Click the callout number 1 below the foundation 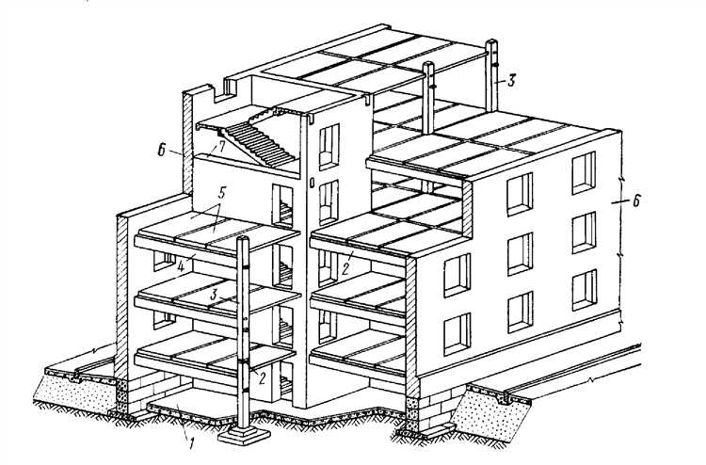[191, 443]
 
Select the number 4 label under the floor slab [181, 266]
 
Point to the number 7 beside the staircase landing [220, 146]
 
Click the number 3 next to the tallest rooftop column [510, 81]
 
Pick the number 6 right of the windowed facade [635, 200]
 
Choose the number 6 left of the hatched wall [162, 151]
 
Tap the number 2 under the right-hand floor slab [345, 268]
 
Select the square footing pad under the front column [244, 434]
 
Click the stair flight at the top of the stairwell [260, 143]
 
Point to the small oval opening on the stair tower [312, 184]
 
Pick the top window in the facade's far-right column [584, 173]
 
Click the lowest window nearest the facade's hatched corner [457, 334]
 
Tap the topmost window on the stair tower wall [329, 147]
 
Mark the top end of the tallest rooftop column [491, 41]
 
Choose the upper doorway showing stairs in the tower [282, 205]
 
